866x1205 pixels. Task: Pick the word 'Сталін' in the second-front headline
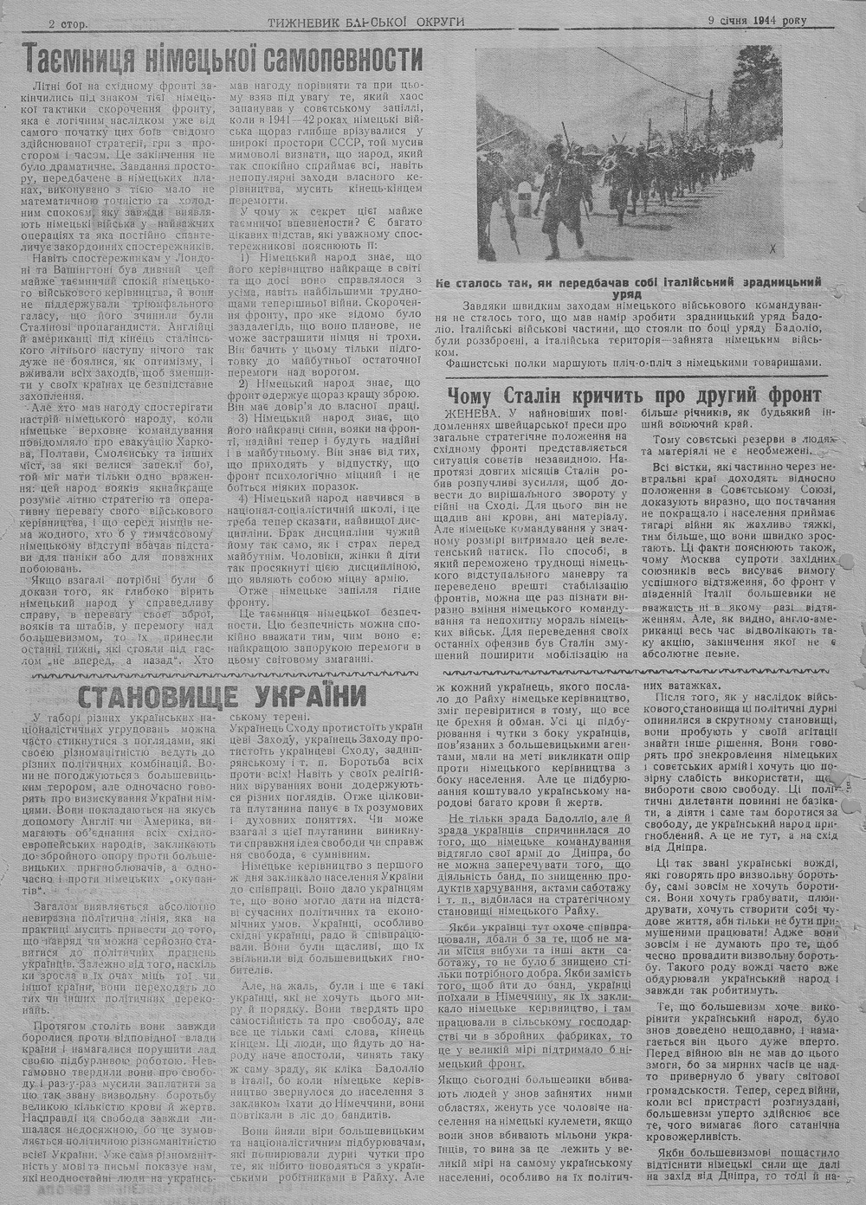coord(566,395)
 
